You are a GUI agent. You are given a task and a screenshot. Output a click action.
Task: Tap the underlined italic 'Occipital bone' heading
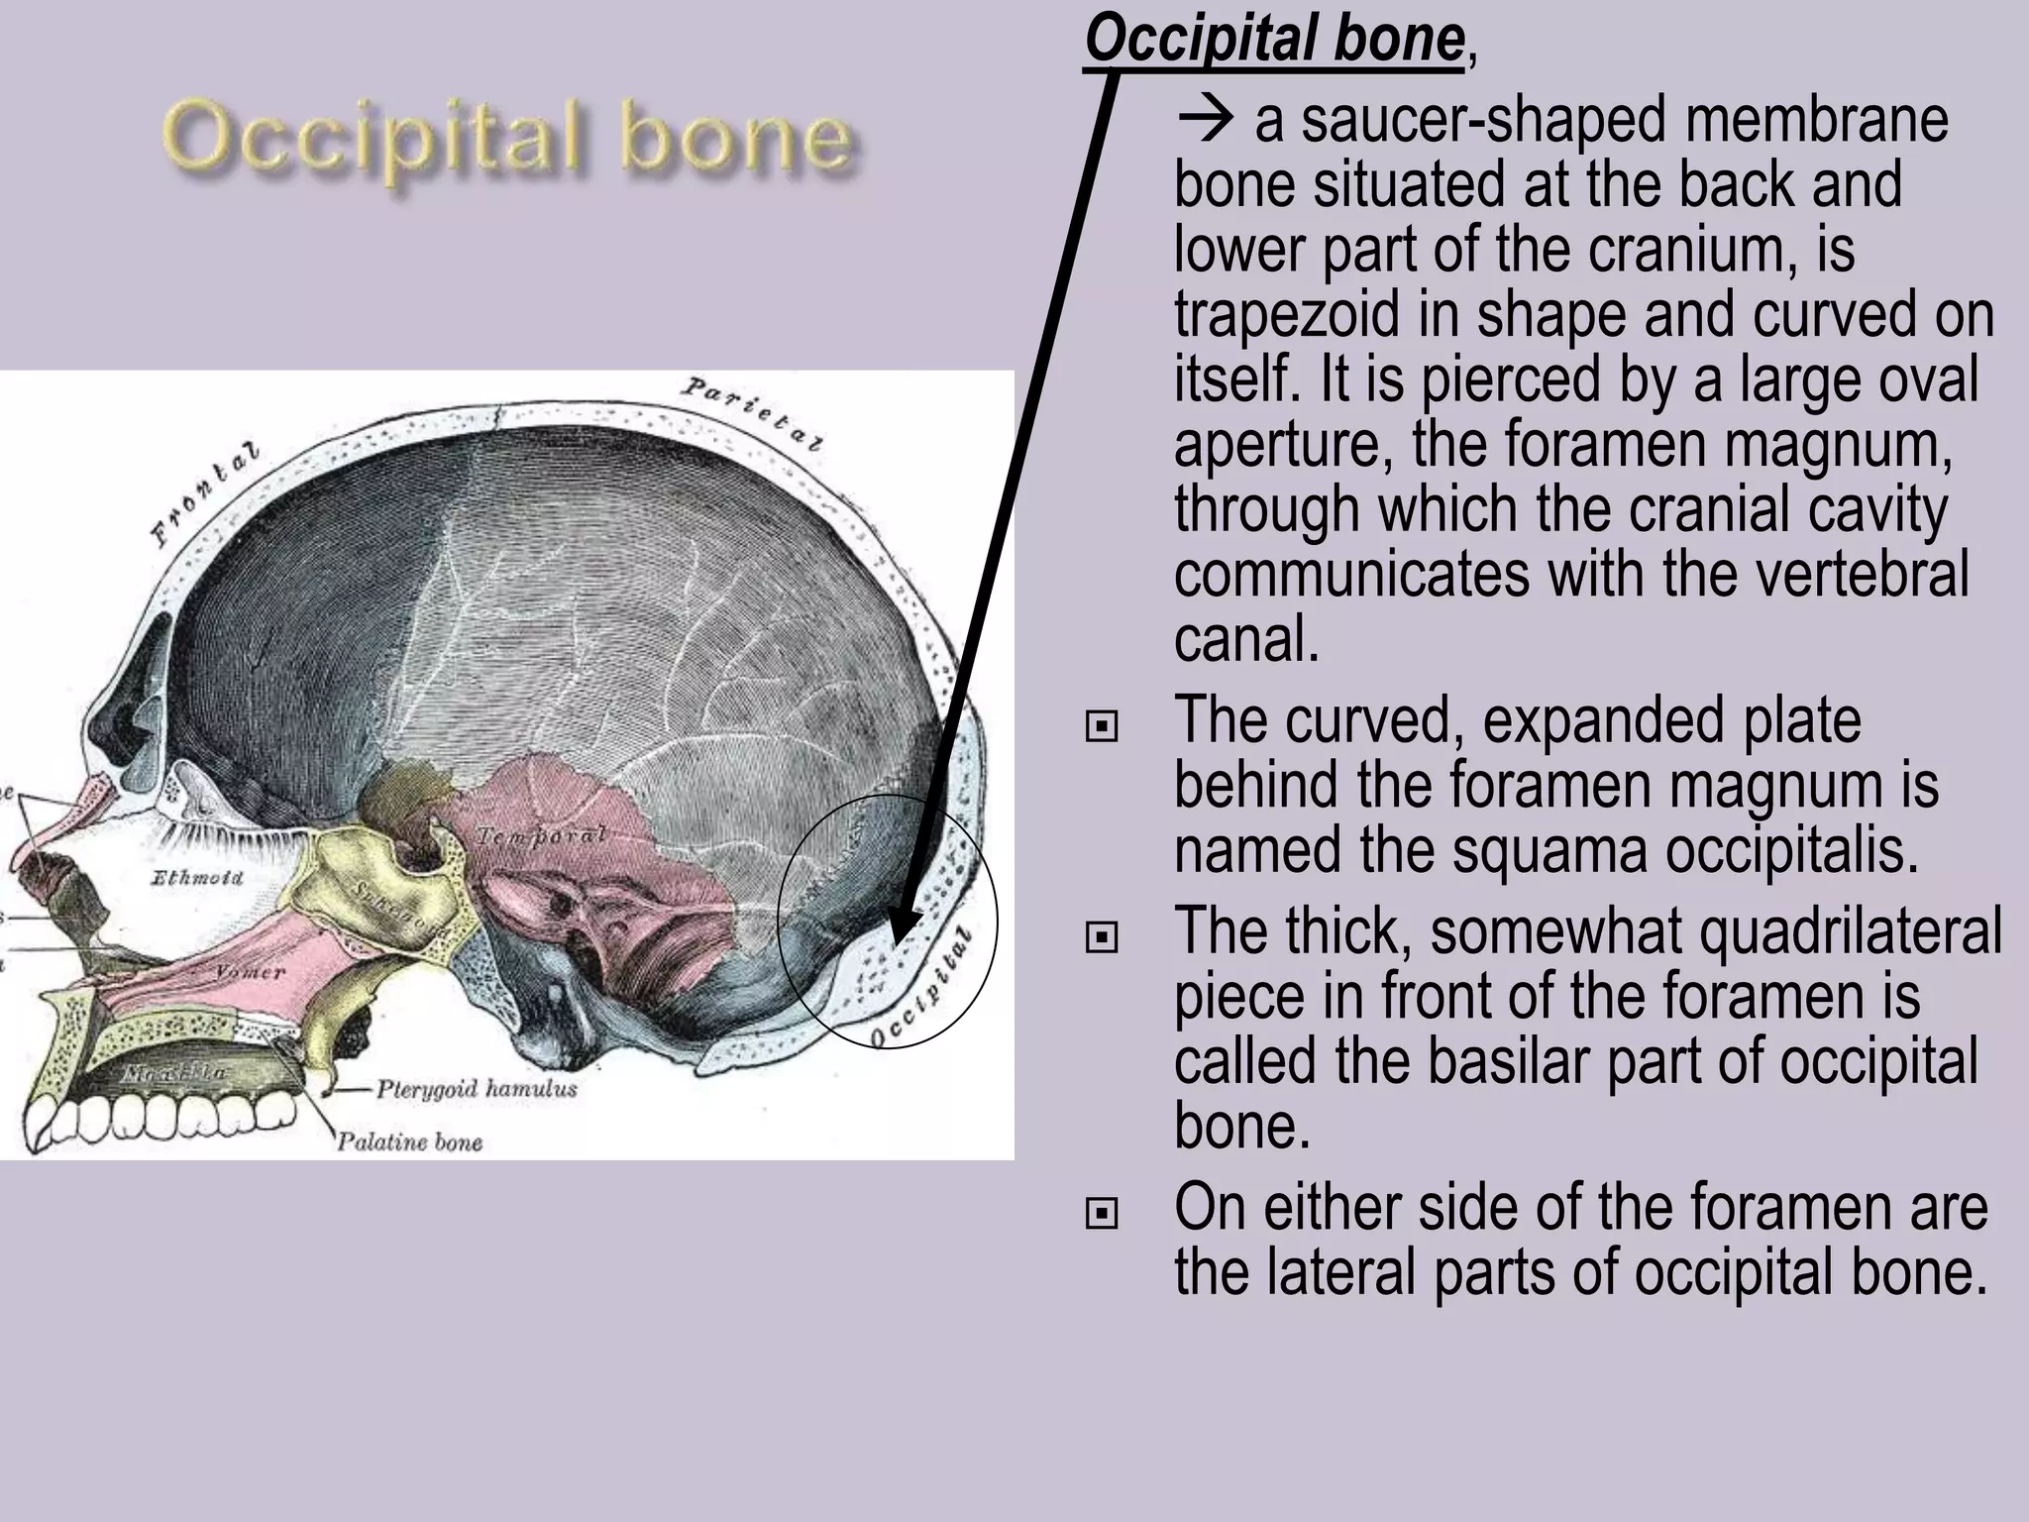(x=1274, y=40)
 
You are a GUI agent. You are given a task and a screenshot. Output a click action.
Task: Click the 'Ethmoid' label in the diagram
(x=196, y=878)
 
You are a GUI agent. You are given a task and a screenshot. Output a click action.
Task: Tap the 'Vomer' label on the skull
(x=251, y=973)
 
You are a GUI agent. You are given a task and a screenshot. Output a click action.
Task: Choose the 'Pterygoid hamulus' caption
(x=476, y=1089)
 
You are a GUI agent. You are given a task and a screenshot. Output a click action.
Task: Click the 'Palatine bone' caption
(x=409, y=1142)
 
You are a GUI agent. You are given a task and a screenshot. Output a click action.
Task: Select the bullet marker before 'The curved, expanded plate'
(x=1101, y=727)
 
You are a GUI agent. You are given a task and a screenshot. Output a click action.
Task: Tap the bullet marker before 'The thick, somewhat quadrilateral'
(x=1101, y=936)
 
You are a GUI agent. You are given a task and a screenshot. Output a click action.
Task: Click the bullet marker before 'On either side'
(x=1101, y=1213)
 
